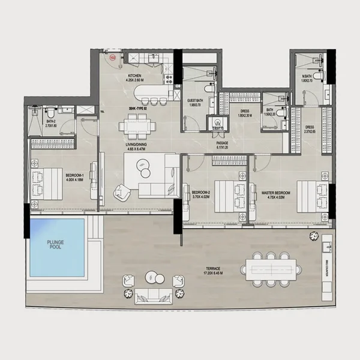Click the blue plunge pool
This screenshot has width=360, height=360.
(57, 248)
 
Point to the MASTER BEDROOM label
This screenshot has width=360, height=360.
(276, 193)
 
